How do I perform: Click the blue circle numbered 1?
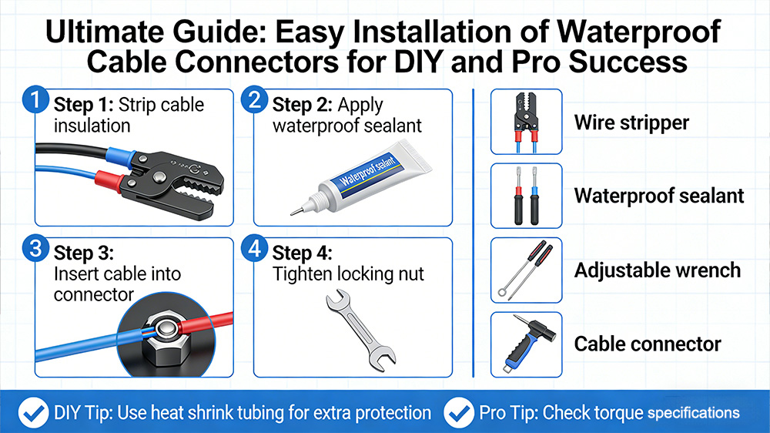(x=35, y=99)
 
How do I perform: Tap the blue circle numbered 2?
(x=254, y=99)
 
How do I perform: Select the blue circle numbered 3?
(x=35, y=249)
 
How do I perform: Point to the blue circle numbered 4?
(x=254, y=249)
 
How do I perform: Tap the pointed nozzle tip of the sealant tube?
(x=291, y=213)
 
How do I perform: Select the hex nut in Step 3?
(x=165, y=338)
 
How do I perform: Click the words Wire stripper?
(x=631, y=123)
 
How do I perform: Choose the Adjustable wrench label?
(x=658, y=270)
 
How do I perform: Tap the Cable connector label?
(x=648, y=344)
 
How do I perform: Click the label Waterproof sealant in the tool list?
(x=659, y=196)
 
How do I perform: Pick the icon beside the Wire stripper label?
(x=527, y=122)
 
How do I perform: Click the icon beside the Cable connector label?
(x=527, y=344)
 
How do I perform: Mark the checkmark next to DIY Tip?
(x=33, y=413)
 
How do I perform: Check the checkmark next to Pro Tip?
(x=459, y=413)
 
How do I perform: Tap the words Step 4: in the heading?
(x=302, y=253)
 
